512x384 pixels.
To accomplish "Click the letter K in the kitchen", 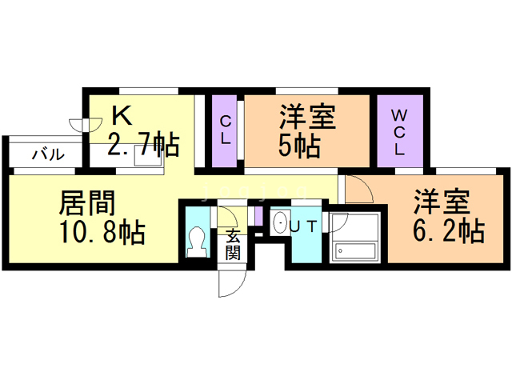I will [x=122, y=117].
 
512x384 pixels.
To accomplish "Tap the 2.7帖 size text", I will [x=144, y=146].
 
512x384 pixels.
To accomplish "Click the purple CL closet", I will [x=226, y=130].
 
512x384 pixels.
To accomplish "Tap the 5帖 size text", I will [x=301, y=146].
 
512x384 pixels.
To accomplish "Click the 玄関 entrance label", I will [x=233, y=244].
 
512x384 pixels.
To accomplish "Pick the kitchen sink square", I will [x=146, y=157].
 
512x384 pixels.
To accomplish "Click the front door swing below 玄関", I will [x=229, y=280].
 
